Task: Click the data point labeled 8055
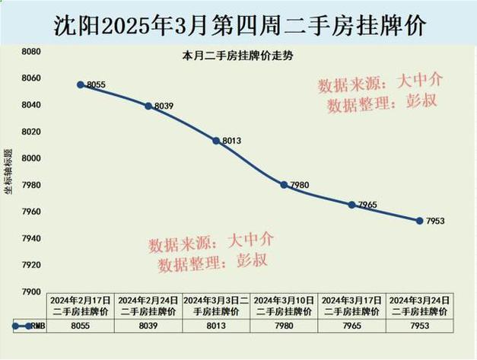tap(81, 84)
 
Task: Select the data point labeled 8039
tap(148, 106)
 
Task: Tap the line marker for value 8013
tap(216, 141)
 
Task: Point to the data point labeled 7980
tap(284, 185)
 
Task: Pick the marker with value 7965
tap(351, 205)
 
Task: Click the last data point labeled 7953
tap(419, 221)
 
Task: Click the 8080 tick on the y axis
tap(31, 51)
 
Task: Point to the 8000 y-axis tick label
tap(31, 158)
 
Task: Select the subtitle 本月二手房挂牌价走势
tap(226, 56)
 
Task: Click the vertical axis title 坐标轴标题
tap(8, 172)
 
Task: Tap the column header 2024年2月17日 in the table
tap(81, 306)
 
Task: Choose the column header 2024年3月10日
tap(284, 306)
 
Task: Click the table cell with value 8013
tap(216, 325)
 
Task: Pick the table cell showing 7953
tap(419, 325)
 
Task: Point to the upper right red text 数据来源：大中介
tap(380, 83)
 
